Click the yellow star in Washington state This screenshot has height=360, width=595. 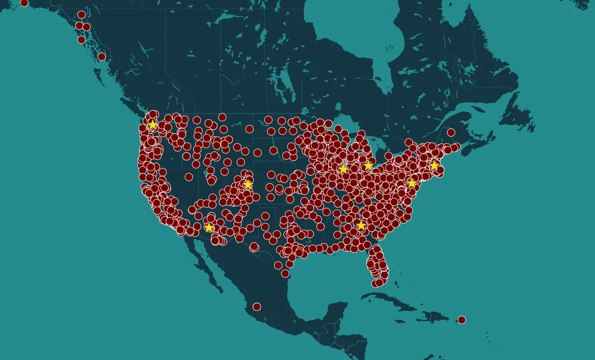pyautogui.click(x=152, y=124)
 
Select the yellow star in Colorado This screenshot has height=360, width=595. pyautogui.click(x=248, y=184)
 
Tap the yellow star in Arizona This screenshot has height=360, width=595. pyautogui.click(x=209, y=228)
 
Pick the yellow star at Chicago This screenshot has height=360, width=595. pyautogui.click(x=343, y=169)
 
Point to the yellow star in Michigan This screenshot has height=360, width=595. pyautogui.click(x=368, y=165)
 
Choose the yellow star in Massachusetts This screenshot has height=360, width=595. pyautogui.click(x=434, y=165)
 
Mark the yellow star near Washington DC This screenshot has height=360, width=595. pyautogui.click(x=411, y=183)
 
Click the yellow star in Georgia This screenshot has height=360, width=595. pyautogui.click(x=361, y=226)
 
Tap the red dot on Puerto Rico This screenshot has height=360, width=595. pyautogui.click(x=462, y=320)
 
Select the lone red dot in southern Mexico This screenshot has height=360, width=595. pyautogui.click(x=257, y=307)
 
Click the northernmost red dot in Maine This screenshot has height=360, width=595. pyautogui.click(x=451, y=132)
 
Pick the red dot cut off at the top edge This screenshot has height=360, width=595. pyautogui.click(x=24, y=2)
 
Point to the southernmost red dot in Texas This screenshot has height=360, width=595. pyautogui.click(x=285, y=274)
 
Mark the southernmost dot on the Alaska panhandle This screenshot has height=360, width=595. pyautogui.click(x=102, y=57)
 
